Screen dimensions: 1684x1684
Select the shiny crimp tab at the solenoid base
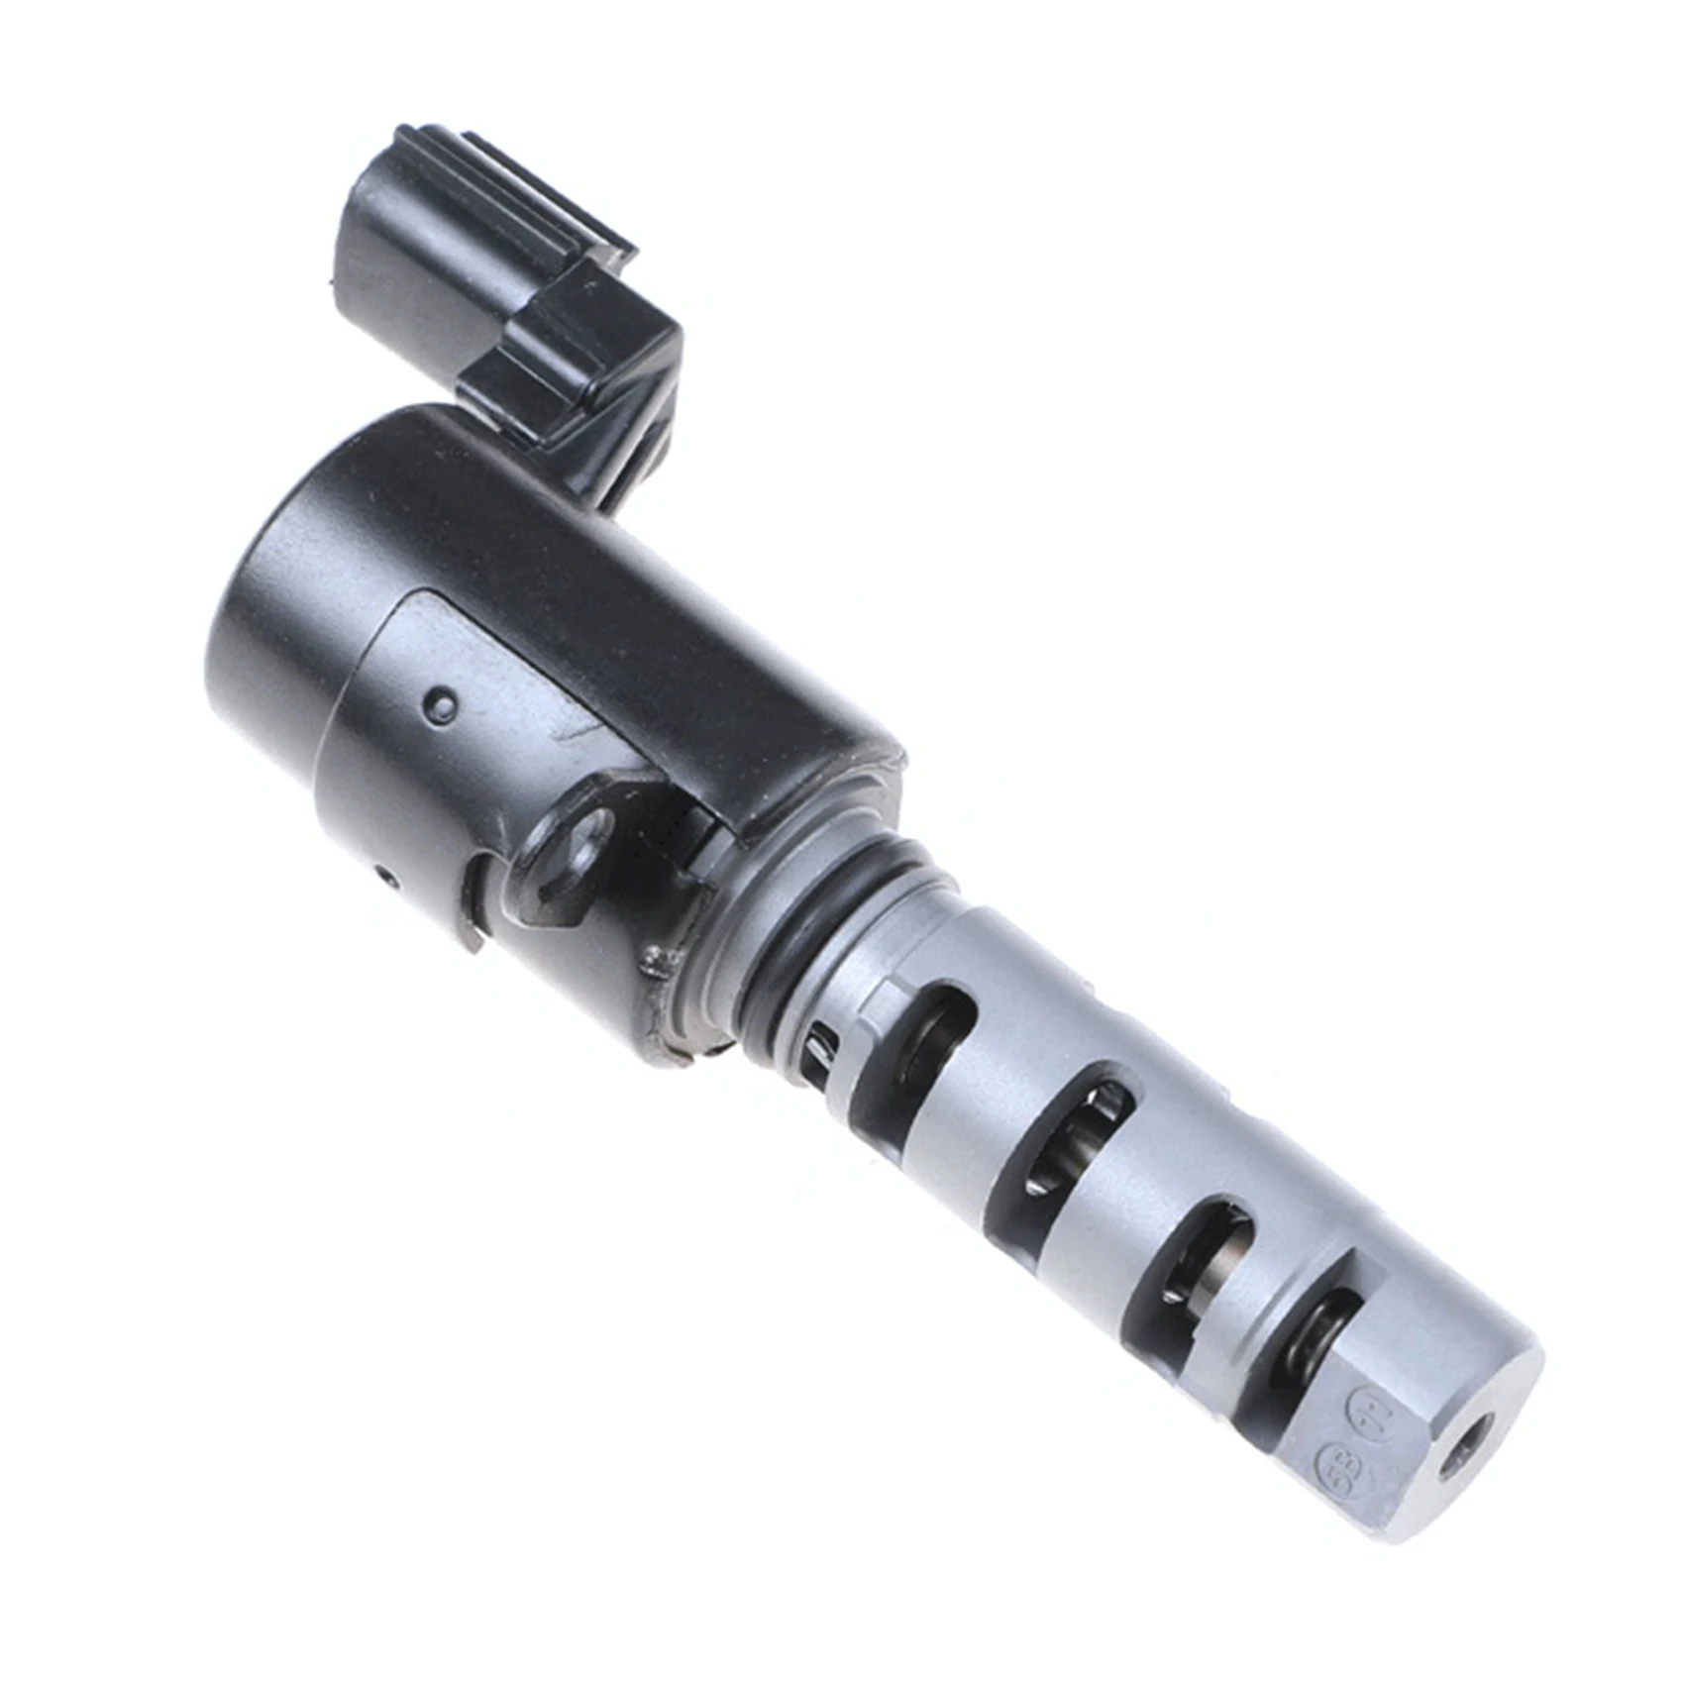(656, 966)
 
